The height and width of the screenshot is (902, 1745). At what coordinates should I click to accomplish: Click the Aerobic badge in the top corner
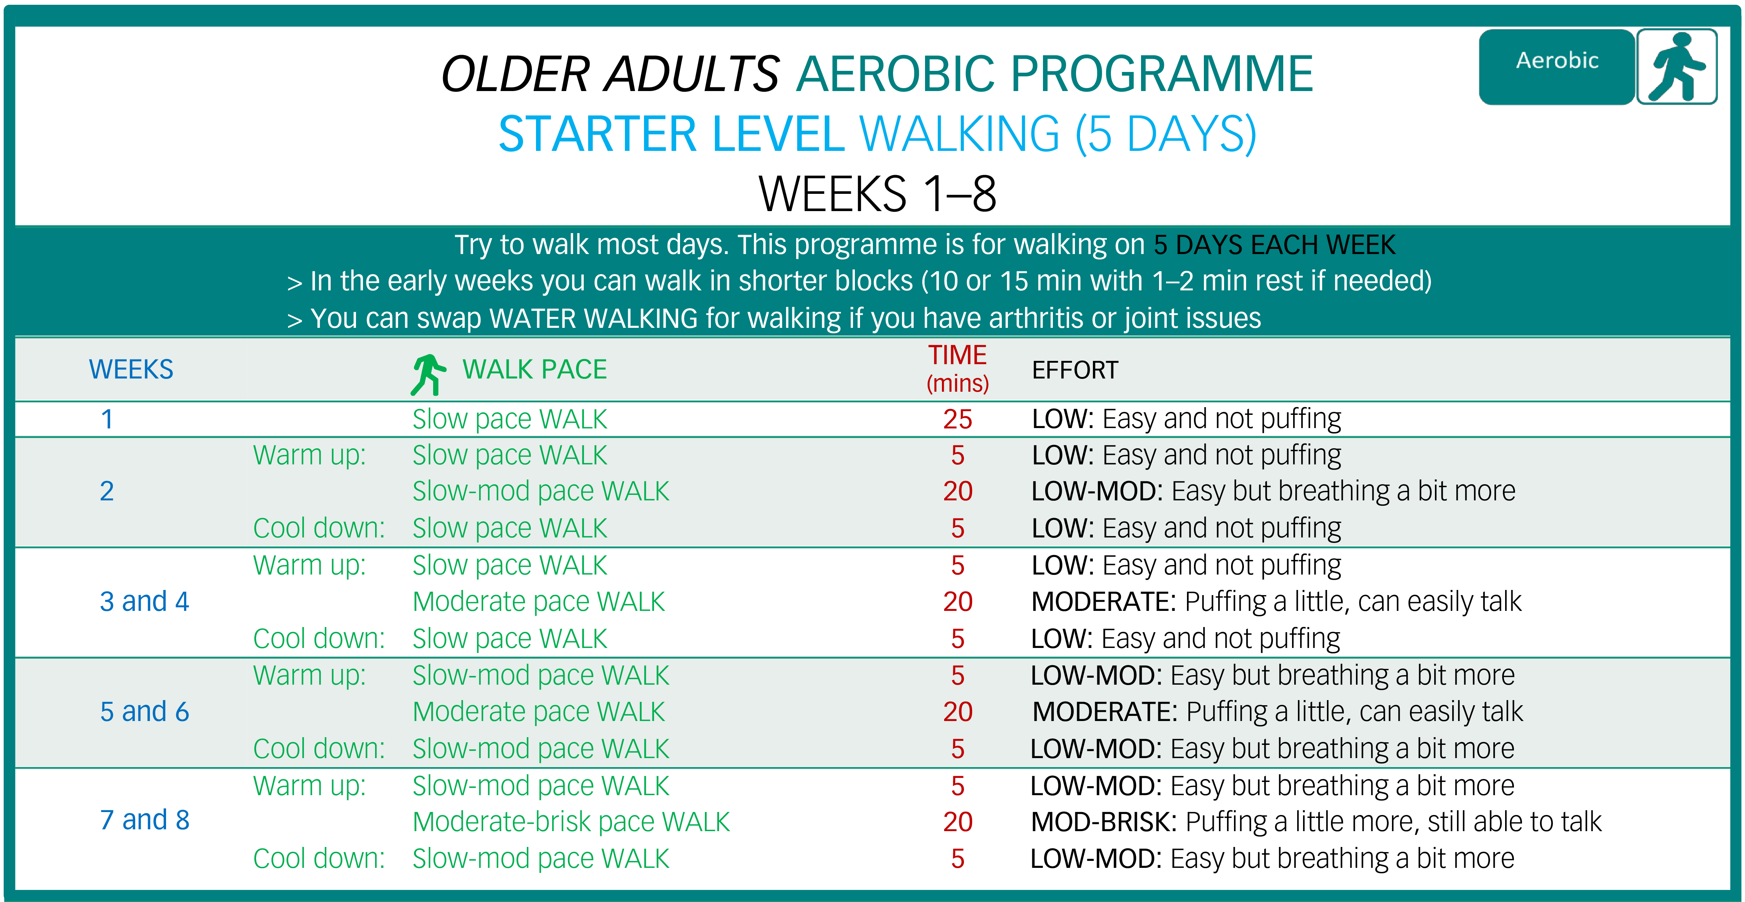[1557, 66]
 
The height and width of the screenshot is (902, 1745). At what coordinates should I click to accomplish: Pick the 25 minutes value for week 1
[957, 419]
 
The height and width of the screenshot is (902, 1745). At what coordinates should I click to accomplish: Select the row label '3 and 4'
[144, 601]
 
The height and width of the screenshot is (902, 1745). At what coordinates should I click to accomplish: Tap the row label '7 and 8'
[144, 820]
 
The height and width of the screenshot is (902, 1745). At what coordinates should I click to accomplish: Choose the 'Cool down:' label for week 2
[319, 528]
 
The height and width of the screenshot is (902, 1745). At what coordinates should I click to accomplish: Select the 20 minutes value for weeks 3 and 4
[957, 601]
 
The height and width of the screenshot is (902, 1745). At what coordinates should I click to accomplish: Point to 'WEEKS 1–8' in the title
[877, 194]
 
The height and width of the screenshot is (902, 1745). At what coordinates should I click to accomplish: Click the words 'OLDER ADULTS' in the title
[610, 74]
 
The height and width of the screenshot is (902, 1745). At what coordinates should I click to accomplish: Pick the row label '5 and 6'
[144, 712]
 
